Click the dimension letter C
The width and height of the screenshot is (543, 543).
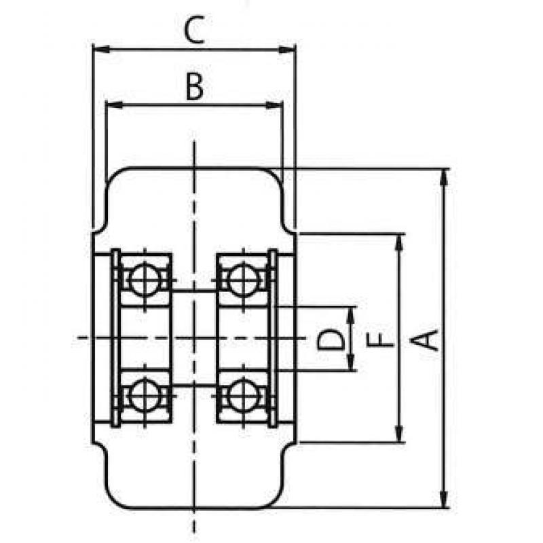(x=194, y=31)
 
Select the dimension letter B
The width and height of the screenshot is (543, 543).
(x=195, y=86)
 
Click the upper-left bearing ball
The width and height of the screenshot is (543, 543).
(x=145, y=279)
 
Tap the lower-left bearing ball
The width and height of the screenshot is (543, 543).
(x=145, y=396)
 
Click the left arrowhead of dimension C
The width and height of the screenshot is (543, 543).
(x=101, y=50)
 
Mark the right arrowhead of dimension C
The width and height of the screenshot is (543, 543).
(x=287, y=50)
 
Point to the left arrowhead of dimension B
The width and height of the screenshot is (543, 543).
(x=114, y=105)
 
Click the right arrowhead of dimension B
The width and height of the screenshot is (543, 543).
(x=274, y=105)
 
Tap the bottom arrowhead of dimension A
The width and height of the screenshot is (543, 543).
(x=445, y=499)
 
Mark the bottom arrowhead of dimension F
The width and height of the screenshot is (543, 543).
(x=399, y=434)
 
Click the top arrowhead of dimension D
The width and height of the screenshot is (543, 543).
(x=351, y=315)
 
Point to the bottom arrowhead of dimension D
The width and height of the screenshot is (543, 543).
(x=351, y=362)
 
